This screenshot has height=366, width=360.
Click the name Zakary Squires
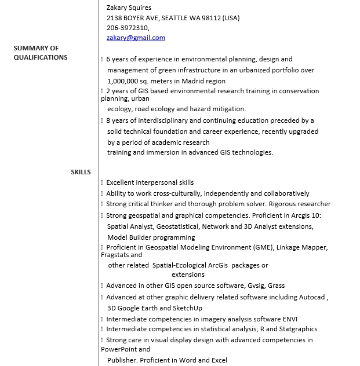pos(129,8)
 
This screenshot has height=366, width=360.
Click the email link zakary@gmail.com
pos(136,38)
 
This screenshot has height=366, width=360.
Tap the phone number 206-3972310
pos(128,27)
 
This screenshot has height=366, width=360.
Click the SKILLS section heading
pos(81,172)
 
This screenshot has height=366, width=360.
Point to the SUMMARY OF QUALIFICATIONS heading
pos(41,53)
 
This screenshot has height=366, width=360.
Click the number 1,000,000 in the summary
pos(122,81)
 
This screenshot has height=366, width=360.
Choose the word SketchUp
pos(187,308)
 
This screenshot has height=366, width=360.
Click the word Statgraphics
pos(298,329)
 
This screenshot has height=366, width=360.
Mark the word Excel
pos(219,360)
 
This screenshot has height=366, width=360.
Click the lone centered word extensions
pos(188,274)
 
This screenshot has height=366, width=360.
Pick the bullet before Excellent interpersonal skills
pos(102,183)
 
